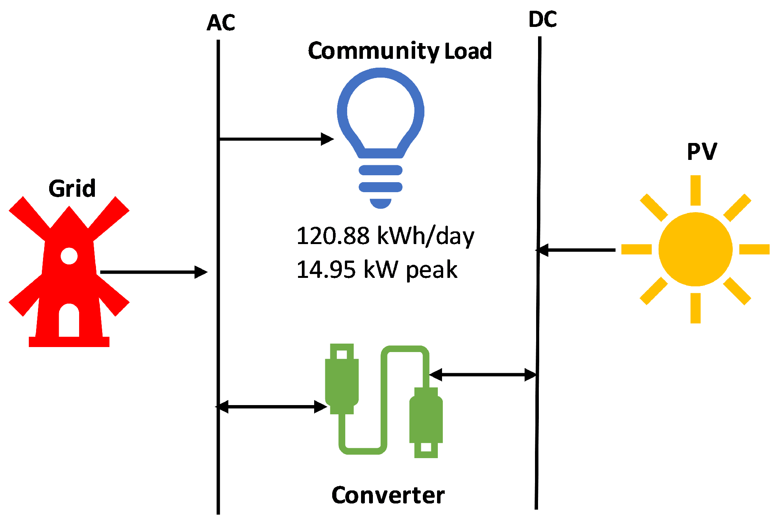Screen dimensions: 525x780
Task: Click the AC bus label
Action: point(220,23)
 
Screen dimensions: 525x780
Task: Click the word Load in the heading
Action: point(468,51)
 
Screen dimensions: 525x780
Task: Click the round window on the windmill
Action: point(69,256)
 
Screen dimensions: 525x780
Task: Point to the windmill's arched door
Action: point(69,321)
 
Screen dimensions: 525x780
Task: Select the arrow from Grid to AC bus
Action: point(154,272)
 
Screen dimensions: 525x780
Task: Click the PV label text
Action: point(702,152)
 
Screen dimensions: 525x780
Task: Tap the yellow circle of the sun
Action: point(695,249)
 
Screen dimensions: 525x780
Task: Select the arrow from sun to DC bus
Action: point(576,250)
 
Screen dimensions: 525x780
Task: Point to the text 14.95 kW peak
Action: point(377,270)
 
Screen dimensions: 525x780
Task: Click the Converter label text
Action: point(388,495)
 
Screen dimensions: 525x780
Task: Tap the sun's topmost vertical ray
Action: point(696,190)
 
